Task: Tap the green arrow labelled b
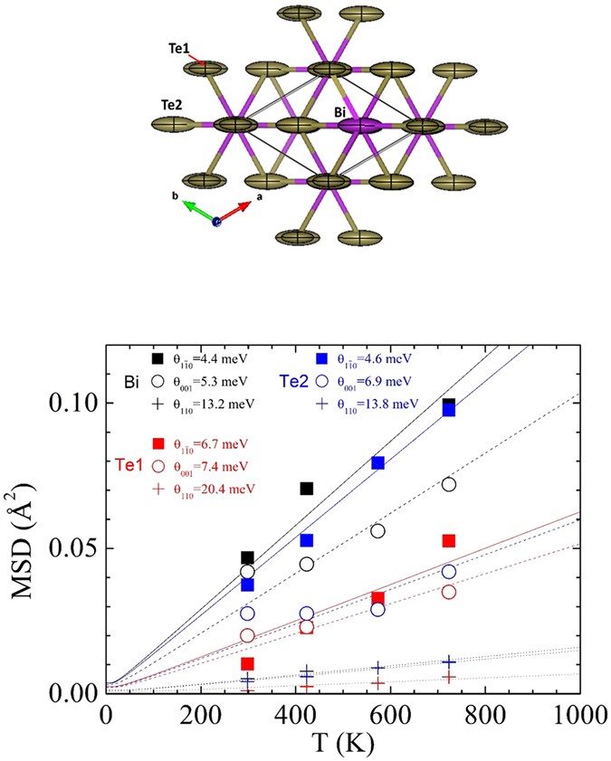199,208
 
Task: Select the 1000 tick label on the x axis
579,713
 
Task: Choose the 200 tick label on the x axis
201,713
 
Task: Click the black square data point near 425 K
307,489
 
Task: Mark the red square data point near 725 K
448,540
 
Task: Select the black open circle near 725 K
448,484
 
